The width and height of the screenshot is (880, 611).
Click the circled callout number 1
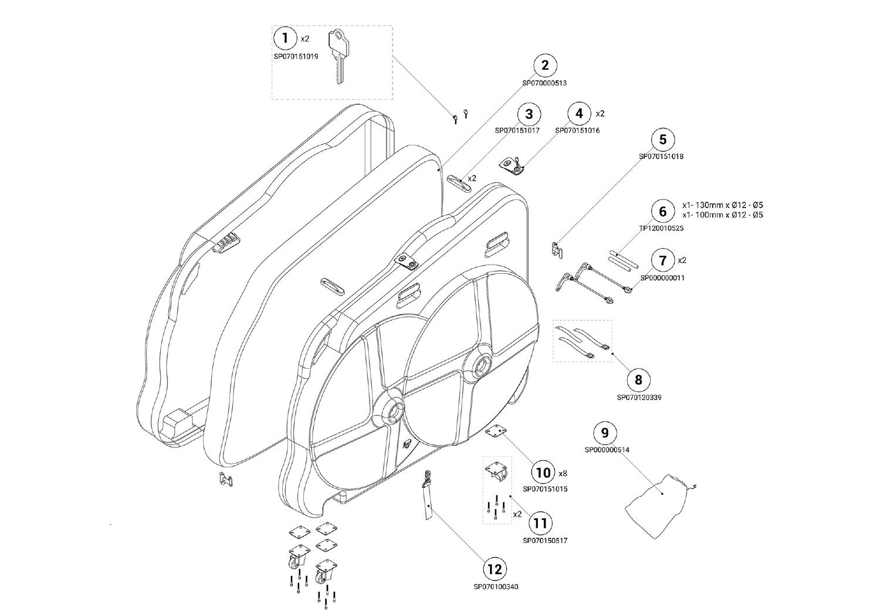click(x=285, y=39)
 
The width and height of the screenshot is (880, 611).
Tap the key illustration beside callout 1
click(x=339, y=56)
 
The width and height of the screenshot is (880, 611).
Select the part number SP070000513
click(x=544, y=83)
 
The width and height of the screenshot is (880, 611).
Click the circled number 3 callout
click(x=529, y=114)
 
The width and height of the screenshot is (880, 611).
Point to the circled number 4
click(x=579, y=114)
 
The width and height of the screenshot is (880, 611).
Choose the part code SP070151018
click(x=661, y=157)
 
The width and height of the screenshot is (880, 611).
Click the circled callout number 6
click(x=663, y=211)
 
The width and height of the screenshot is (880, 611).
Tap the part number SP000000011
click(x=663, y=278)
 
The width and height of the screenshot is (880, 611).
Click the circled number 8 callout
click(x=638, y=380)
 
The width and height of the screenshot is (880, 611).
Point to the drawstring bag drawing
click(x=661, y=507)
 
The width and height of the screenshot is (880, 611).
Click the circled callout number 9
click(x=605, y=432)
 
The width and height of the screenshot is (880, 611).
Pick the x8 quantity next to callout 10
click(x=563, y=474)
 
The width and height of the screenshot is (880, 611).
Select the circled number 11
click(x=541, y=524)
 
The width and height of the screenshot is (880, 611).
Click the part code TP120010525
click(x=661, y=228)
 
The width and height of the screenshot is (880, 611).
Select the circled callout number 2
click(x=544, y=65)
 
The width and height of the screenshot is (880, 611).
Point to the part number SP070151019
click(x=296, y=56)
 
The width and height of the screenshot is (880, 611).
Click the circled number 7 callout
click(x=663, y=260)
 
